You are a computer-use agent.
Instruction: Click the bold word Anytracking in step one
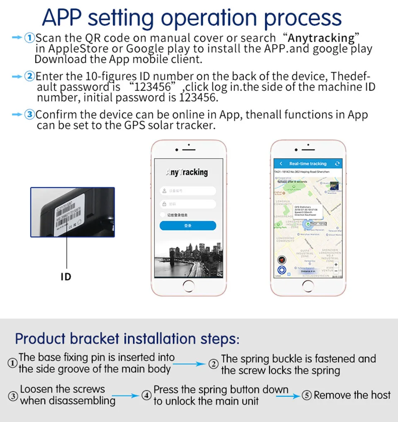(x=321, y=38)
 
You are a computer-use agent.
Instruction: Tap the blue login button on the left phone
(x=188, y=226)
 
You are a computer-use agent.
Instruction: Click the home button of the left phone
(x=188, y=286)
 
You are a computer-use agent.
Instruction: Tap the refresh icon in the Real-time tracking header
(x=337, y=164)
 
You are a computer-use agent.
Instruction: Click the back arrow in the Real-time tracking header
(x=281, y=164)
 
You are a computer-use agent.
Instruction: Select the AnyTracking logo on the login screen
(x=187, y=172)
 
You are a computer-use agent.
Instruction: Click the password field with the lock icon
(x=188, y=204)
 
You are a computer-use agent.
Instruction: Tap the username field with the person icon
(x=188, y=191)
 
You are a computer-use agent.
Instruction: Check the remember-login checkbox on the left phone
(x=163, y=215)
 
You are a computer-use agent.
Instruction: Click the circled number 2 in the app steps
(x=30, y=77)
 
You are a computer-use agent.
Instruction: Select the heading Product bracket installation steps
(x=127, y=339)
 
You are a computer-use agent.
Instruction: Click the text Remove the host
(x=352, y=395)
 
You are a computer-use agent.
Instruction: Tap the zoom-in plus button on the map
(x=335, y=264)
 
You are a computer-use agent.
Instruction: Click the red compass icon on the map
(x=282, y=260)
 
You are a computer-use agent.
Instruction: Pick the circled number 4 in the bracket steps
(x=146, y=396)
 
